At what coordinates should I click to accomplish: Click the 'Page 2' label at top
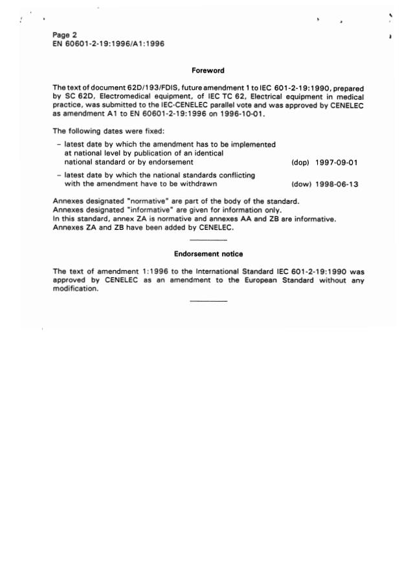coord(65,35)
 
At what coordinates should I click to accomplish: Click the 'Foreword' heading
coord(208,71)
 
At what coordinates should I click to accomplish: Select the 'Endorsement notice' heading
coord(208,254)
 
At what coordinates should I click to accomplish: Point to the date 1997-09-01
coord(337,163)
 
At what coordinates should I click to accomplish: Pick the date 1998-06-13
coord(337,185)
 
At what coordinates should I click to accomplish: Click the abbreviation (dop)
coord(300,163)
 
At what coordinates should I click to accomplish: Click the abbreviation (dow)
coord(301,185)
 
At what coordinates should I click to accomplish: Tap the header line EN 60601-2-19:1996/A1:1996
coord(104,43)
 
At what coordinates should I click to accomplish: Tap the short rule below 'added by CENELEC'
coord(208,240)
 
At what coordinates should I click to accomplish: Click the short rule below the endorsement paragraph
coord(208,301)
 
